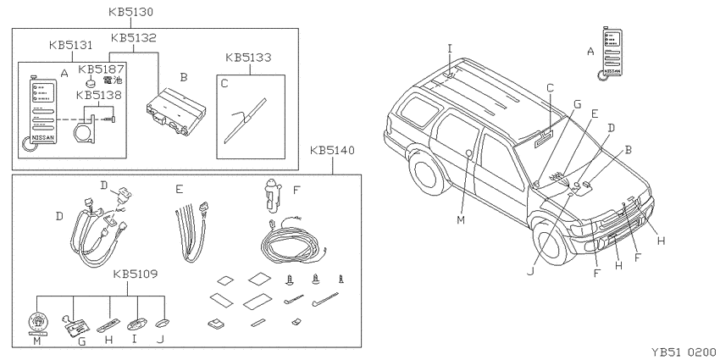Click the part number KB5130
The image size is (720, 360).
(130, 12)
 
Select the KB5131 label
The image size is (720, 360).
(70, 45)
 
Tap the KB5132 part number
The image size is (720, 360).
(134, 37)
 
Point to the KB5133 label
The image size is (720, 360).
(248, 58)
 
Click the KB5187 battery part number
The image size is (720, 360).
(101, 69)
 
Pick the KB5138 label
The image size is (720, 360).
(99, 96)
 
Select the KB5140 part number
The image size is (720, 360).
(332, 150)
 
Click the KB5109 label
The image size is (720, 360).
(136, 274)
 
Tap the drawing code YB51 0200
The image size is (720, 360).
(683, 352)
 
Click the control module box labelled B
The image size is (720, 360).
(176, 114)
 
